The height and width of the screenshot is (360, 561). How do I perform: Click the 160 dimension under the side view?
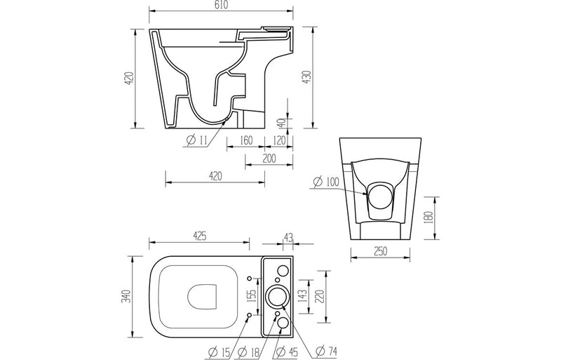click(245, 140)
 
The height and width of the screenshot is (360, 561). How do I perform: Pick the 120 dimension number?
click(279, 140)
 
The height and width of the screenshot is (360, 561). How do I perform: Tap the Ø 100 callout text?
click(325, 182)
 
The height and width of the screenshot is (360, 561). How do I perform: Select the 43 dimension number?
click(288, 237)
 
